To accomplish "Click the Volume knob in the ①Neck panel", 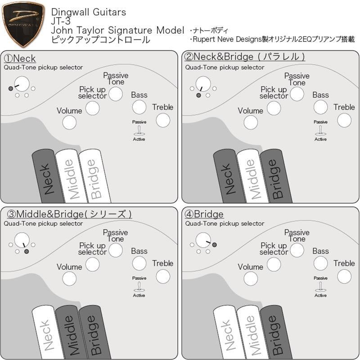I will coord(69,122).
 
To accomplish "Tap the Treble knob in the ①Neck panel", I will coord(162,120).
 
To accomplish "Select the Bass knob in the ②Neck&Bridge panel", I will coord(320,107).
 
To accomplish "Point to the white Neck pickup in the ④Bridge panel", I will coord(227,333).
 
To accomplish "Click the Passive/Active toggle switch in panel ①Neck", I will coord(139,130).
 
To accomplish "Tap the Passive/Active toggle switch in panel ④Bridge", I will coord(320,287).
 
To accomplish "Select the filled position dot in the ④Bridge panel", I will coord(215,244).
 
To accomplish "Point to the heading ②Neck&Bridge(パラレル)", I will coord(245,57).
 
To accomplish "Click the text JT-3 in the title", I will coord(61,21).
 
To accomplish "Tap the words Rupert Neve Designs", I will coord(227,40).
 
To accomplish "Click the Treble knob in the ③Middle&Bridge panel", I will coord(162,276).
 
